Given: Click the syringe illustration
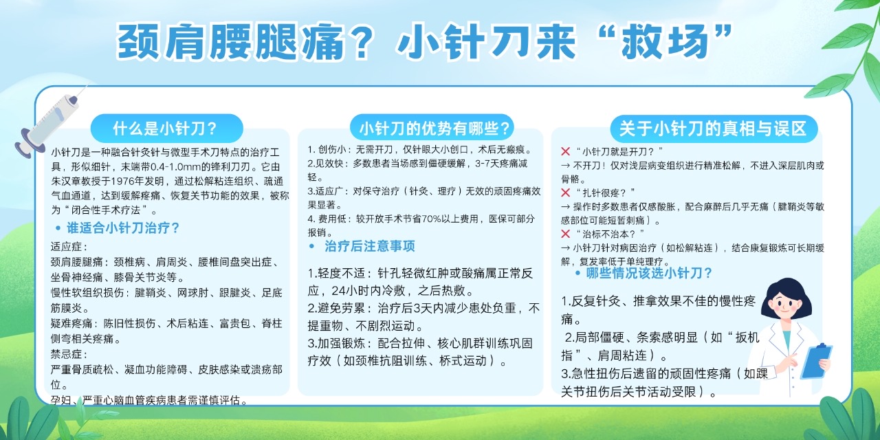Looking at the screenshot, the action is pyautogui.click(x=49, y=122).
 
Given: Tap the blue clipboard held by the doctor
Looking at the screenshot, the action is pyautogui.click(x=815, y=361).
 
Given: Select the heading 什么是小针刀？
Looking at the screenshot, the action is pyautogui.click(x=166, y=129).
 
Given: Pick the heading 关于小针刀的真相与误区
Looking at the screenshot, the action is pyautogui.click(x=713, y=129).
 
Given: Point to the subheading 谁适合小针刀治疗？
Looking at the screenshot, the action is pyautogui.click(x=123, y=228).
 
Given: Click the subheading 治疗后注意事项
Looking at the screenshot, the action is pyautogui.click(x=370, y=246).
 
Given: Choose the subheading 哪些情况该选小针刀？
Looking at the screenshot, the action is pyautogui.click(x=649, y=273).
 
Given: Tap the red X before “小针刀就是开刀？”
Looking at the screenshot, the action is pyautogui.click(x=565, y=151).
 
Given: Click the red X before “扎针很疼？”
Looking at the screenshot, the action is pyautogui.click(x=565, y=192).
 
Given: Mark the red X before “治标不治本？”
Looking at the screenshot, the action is pyautogui.click(x=565, y=234).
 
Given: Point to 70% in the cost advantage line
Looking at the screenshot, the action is pyautogui.click(x=430, y=219).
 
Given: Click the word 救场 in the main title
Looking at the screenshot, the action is pyautogui.click(x=665, y=41).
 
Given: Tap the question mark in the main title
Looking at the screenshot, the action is pyautogui.click(x=361, y=41).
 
